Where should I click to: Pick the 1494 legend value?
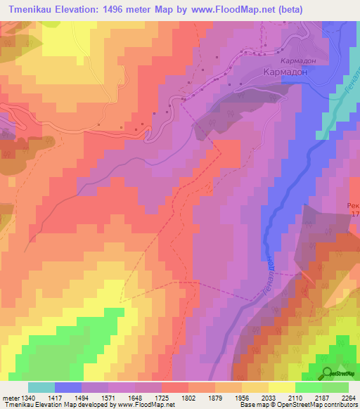(93, 398)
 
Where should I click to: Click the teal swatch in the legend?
(41, 387)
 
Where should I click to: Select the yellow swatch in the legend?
(282, 387)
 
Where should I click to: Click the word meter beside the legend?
(9, 398)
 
